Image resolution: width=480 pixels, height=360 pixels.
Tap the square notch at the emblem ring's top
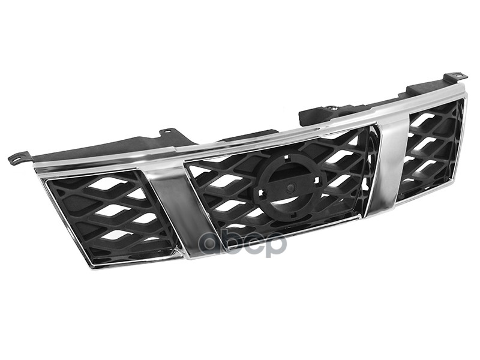[x=287, y=159]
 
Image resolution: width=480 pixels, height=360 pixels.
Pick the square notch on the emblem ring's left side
[x=262, y=193]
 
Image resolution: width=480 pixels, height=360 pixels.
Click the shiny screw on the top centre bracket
[x=334, y=108]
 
